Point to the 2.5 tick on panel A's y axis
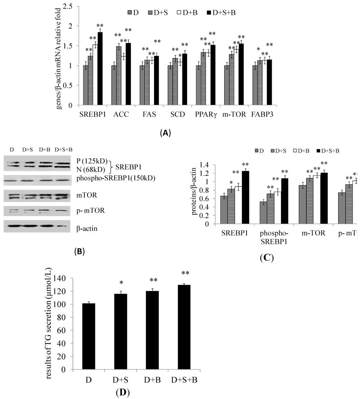[68, 6]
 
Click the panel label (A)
[165, 133]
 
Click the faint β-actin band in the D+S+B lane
[62, 227]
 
